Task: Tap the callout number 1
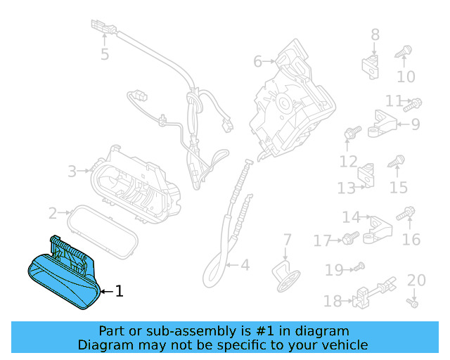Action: click(x=119, y=290)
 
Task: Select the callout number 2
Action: click(x=53, y=212)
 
